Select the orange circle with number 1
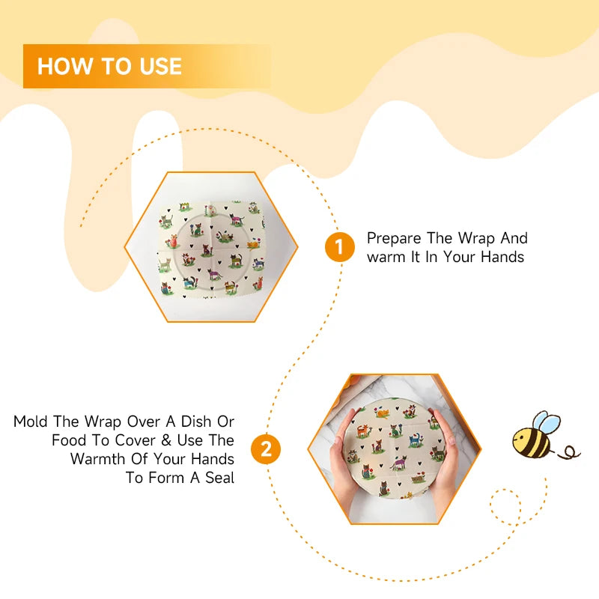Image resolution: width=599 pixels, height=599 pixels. point(339,247)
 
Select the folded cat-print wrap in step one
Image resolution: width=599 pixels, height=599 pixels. point(212,247)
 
